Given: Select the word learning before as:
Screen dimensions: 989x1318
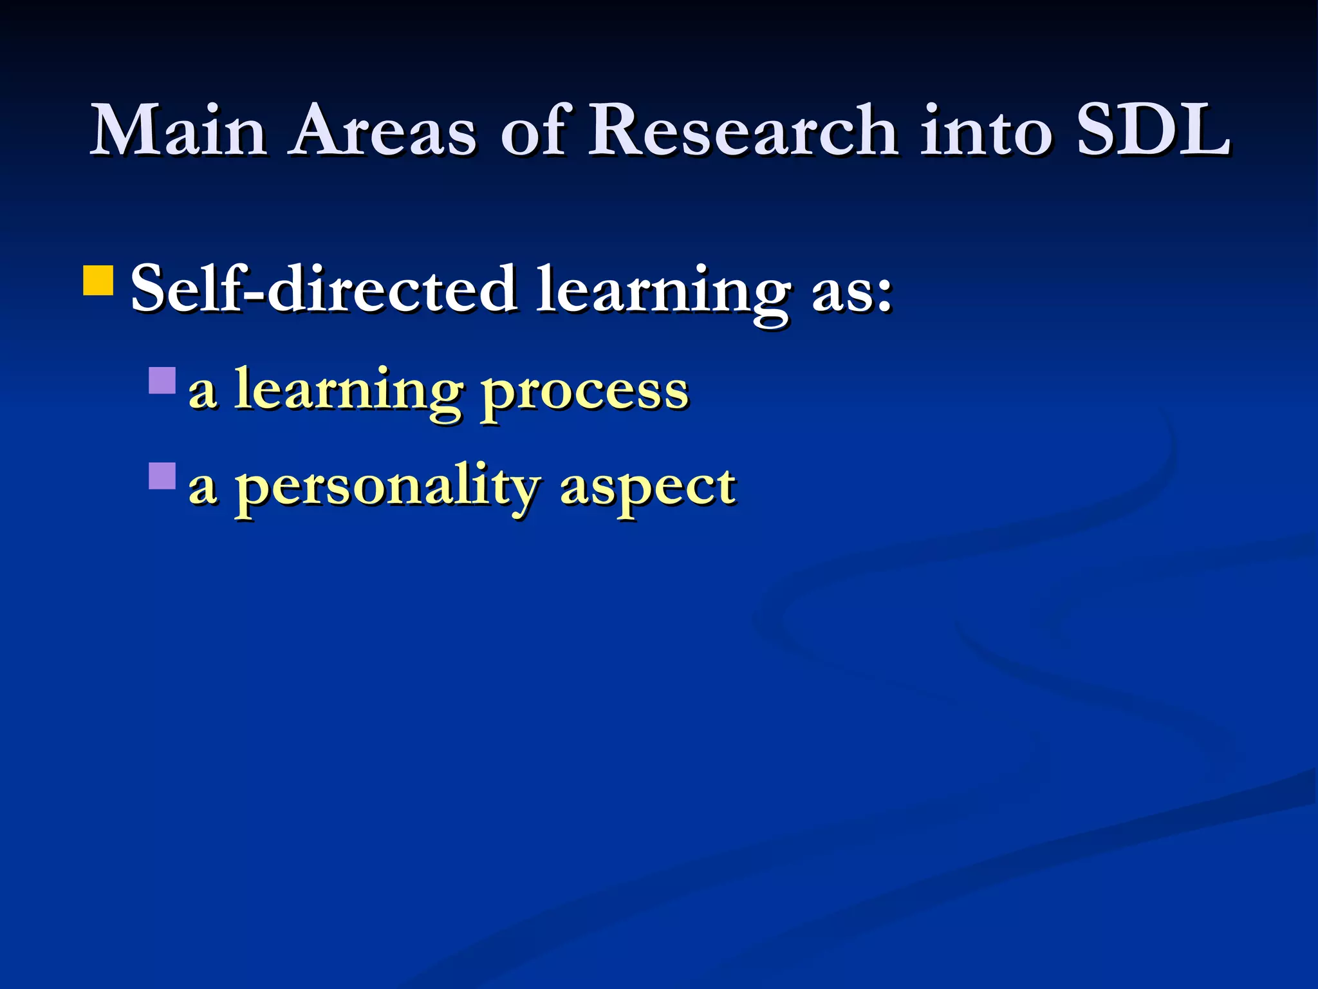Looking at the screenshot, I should [664, 293].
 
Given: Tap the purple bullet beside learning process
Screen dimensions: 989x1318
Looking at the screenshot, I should [162, 381].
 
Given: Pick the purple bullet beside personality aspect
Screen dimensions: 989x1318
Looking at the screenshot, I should [162, 476].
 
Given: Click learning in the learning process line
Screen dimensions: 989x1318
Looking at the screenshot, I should [348, 393].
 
